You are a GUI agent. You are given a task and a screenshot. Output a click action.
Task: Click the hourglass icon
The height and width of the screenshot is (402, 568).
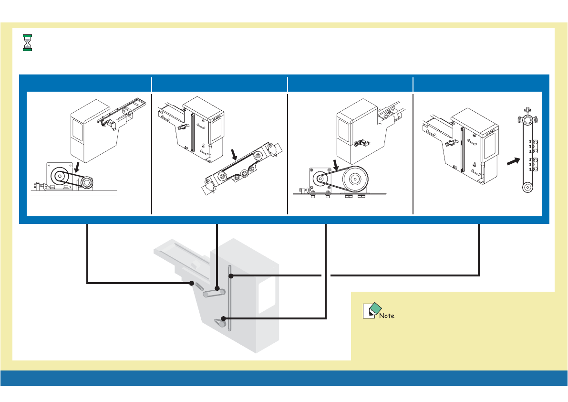tap(28, 42)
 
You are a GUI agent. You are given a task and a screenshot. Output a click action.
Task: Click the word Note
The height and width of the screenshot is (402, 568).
tap(387, 316)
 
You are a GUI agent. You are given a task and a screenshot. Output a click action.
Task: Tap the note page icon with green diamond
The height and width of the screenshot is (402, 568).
tap(371, 310)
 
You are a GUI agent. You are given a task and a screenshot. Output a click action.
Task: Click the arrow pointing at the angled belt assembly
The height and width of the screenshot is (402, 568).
tap(234, 154)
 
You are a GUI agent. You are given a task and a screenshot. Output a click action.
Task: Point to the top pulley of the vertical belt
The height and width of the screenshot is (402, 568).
tap(527, 119)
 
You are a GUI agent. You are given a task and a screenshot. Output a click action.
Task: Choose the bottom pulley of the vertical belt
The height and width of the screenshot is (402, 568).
tap(527, 188)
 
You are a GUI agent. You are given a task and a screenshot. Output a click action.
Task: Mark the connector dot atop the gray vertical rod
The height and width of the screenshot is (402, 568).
tap(230, 275)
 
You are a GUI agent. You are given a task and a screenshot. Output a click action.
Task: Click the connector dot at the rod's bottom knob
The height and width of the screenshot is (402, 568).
tap(221, 318)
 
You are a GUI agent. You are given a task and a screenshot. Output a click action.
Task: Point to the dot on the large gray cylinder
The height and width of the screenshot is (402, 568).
tap(217, 289)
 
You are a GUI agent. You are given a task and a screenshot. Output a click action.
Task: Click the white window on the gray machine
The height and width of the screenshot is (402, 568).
tap(267, 296)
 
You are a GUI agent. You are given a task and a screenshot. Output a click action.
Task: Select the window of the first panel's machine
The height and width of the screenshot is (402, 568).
tap(79, 129)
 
